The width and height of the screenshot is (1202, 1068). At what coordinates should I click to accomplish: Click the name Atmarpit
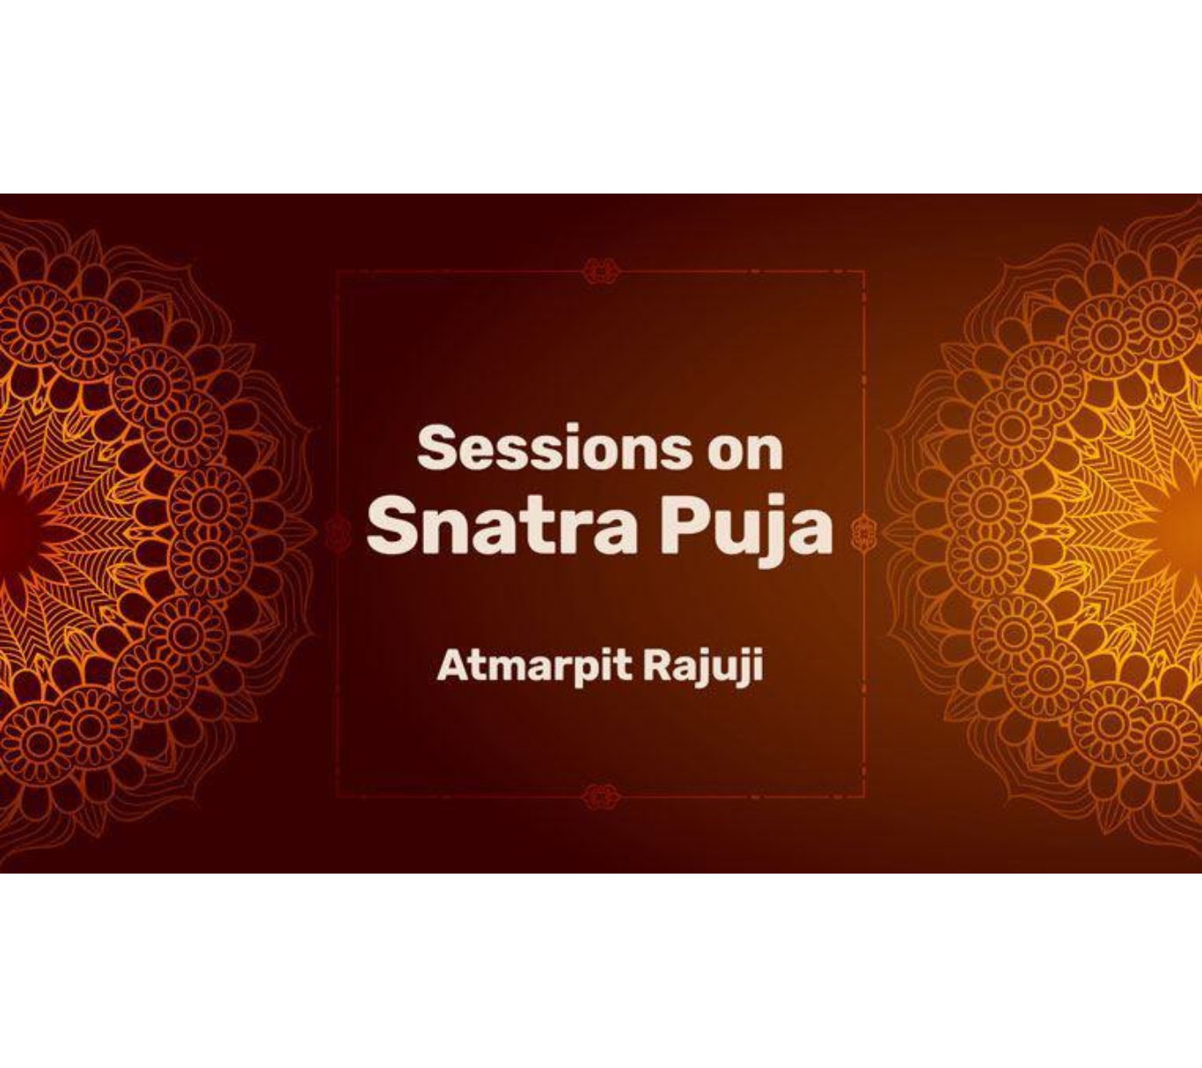(x=534, y=665)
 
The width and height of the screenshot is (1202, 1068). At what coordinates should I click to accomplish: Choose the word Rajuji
(x=702, y=666)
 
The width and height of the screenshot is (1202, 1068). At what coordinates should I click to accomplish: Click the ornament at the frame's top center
(x=601, y=271)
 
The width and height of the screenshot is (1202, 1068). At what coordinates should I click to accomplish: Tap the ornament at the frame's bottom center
(x=601, y=797)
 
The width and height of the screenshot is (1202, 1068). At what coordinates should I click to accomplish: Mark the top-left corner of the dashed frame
(x=338, y=272)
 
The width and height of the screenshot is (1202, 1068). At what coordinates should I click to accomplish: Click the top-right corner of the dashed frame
(x=864, y=272)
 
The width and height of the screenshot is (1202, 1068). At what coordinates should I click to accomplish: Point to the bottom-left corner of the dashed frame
(x=338, y=797)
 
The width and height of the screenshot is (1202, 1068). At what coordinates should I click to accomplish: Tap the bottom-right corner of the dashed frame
(x=864, y=797)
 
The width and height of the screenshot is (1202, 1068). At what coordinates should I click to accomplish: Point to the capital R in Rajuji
(x=655, y=665)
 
